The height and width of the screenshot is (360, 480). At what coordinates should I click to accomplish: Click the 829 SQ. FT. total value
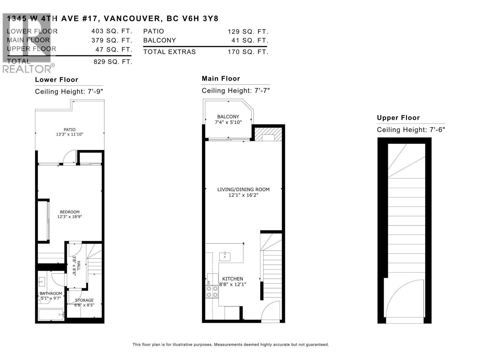tap(113, 62)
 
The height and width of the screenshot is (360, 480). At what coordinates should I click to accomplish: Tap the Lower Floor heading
tap(56, 80)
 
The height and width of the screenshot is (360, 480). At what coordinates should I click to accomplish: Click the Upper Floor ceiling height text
tap(411, 130)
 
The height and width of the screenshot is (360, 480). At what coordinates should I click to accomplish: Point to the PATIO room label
tap(69, 130)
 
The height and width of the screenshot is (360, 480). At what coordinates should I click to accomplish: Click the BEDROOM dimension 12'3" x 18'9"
tap(70, 217)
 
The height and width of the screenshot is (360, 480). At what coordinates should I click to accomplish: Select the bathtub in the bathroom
tap(51, 315)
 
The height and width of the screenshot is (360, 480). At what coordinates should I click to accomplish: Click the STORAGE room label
tap(84, 300)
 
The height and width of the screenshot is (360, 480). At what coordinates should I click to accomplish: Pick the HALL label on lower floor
tap(79, 265)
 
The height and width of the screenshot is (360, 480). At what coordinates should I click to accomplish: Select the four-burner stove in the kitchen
tap(212, 292)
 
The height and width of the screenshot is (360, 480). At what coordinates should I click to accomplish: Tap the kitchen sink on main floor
tap(225, 256)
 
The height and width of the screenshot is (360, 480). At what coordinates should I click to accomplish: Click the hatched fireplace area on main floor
tap(268, 134)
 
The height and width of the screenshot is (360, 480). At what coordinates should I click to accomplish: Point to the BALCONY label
tap(228, 117)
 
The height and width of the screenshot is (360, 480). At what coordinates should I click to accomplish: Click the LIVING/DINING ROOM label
tap(243, 190)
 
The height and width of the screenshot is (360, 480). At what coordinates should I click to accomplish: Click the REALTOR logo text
tap(27, 69)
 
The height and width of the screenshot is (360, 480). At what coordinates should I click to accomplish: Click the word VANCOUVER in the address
tap(132, 19)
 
